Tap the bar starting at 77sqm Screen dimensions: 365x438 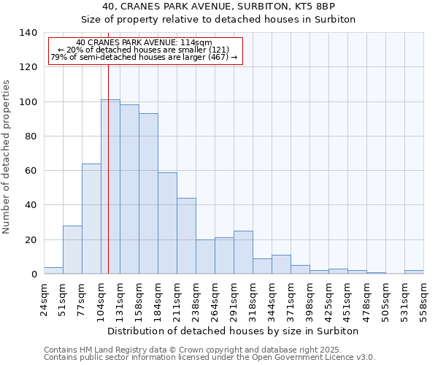point(91,219)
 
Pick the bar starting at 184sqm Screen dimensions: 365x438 point(167,223)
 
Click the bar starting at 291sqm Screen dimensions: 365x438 point(243,253)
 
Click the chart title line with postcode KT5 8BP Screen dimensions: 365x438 point(218,7)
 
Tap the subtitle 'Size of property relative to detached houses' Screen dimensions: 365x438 point(218,20)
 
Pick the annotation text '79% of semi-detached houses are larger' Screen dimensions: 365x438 point(144,58)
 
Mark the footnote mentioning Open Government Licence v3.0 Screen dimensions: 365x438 point(210,357)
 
